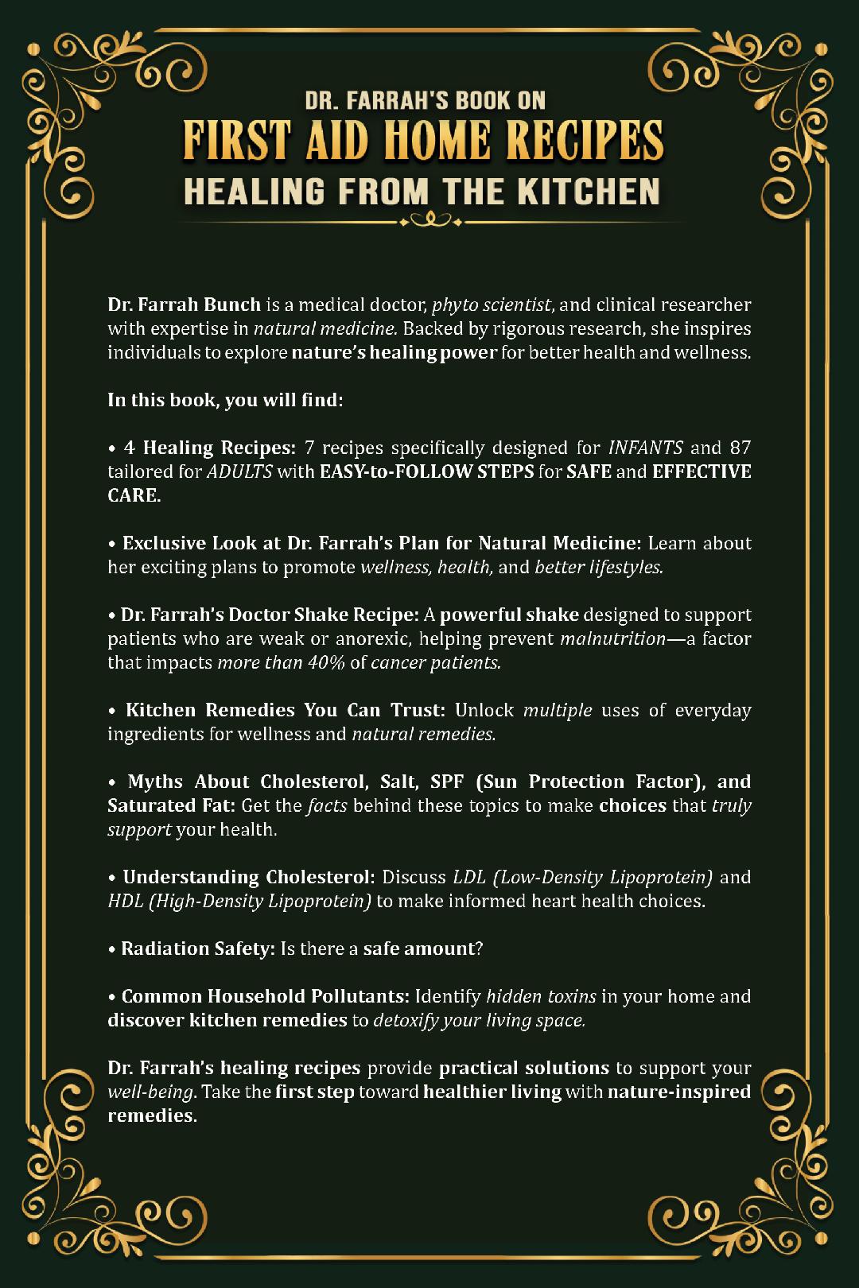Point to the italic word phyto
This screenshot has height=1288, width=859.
pos(453,305)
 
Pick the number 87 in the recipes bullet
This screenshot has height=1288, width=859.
pos(740,448)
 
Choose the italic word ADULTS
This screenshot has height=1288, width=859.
pos(239,471)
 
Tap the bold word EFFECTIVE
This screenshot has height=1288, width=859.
pos(702,471)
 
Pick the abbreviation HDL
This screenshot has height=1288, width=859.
pos(125,901)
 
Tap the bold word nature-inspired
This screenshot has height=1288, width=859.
pos(678,1092)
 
